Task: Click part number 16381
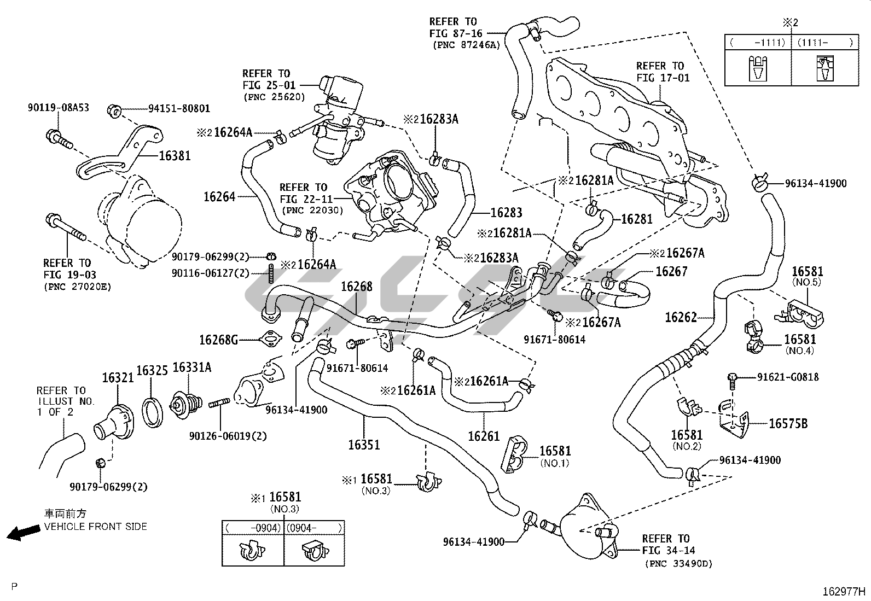[175, 155]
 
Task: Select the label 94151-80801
[179, 109]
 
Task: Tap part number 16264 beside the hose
[219, 197]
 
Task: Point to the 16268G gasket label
[218, 340]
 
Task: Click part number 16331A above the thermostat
[191, 367]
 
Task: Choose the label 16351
[364, 445]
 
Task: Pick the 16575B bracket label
[788, 423]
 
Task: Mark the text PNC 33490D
[678, 564]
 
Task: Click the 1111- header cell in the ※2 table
[824, 42]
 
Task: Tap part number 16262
[681, 317]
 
